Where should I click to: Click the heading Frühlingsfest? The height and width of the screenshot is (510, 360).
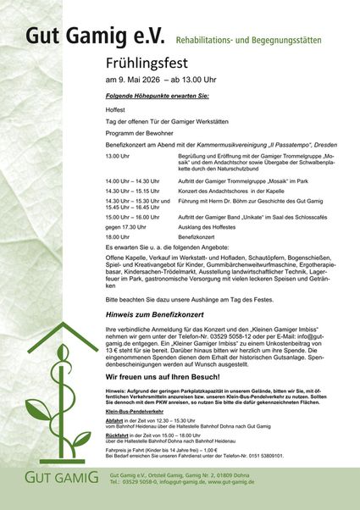coord(145,63)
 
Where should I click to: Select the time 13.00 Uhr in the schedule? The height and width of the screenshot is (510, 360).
coord(119,158)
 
